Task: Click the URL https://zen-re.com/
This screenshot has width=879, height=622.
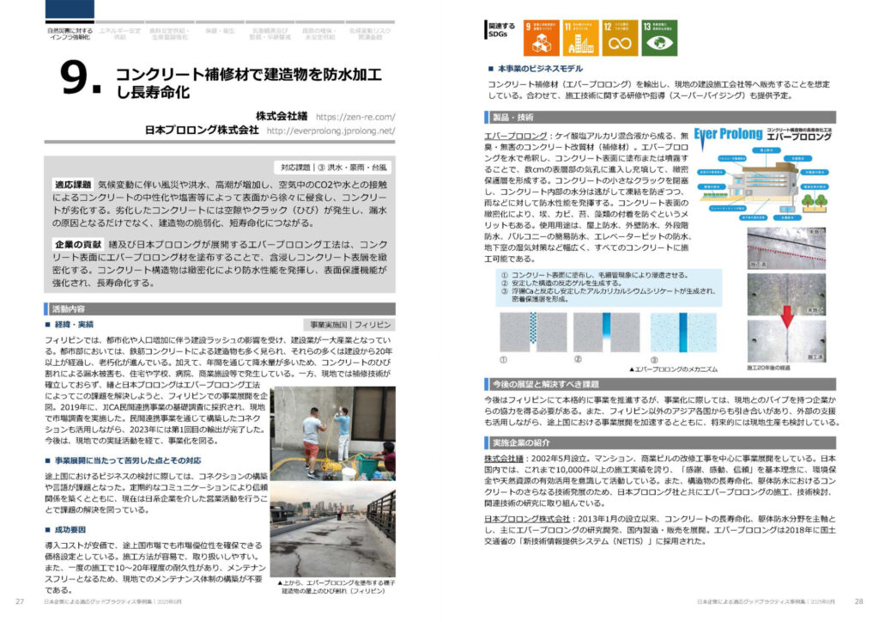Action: [x=355, y=116]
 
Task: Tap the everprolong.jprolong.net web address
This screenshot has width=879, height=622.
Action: [x=330, y=131]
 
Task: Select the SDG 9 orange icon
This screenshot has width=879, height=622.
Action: [x=541, y=38]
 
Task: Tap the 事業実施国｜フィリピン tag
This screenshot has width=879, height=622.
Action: [x=352, y=325]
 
